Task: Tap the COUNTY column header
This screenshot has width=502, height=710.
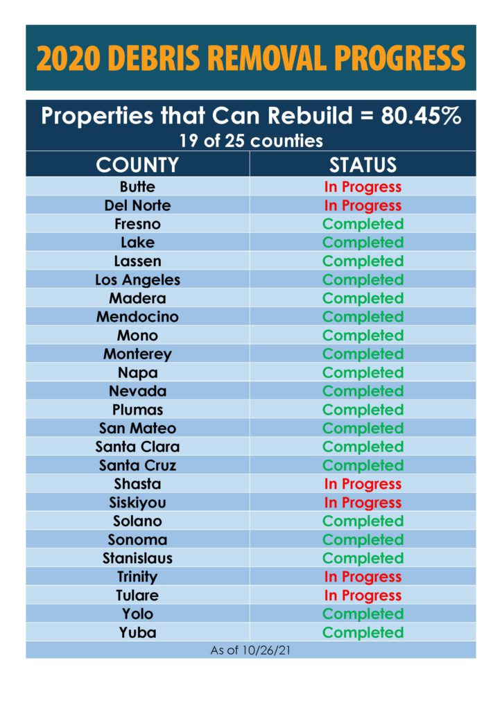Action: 137,165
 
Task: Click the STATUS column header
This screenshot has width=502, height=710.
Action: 363,165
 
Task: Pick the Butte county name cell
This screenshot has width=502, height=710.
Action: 137,187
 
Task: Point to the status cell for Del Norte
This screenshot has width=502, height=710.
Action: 363,205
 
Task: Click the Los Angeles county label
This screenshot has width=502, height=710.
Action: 137,279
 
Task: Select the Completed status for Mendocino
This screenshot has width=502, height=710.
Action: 363,317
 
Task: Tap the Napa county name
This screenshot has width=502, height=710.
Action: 137,372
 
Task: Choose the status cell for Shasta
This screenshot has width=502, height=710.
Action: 363,484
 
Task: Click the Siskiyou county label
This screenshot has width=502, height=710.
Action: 137,503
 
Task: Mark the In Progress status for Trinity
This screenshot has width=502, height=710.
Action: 363,577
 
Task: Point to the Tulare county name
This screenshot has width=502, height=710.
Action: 137,596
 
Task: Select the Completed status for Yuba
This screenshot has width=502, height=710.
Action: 363,632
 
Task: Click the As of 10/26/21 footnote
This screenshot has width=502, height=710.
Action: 250,650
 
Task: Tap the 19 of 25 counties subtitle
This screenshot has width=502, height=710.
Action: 250,141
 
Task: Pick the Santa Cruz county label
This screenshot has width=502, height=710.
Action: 137,465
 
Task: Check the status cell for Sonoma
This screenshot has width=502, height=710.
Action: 363,539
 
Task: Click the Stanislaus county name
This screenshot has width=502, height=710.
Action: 137,558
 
